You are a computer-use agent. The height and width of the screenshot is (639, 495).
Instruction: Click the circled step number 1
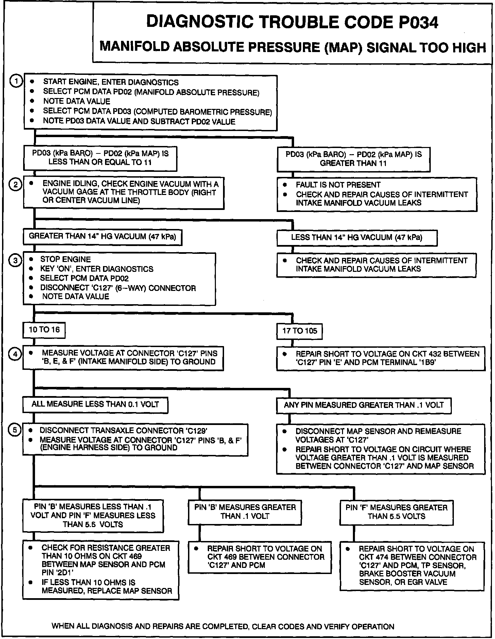16,81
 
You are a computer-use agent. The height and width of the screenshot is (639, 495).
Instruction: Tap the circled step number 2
16,185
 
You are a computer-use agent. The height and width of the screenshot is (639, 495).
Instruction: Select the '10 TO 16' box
44,330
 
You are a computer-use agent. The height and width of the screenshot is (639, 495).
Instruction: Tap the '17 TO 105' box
300,331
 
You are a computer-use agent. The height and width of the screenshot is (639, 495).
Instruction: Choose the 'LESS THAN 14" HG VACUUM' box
357,237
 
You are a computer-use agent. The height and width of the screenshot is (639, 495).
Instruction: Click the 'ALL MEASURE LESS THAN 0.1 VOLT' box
95,404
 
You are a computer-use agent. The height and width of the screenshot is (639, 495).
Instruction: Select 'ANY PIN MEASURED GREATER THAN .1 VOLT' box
363,405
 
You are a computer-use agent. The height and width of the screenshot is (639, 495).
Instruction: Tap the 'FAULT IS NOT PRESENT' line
338,185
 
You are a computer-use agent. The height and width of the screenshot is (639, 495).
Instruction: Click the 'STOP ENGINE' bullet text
66,260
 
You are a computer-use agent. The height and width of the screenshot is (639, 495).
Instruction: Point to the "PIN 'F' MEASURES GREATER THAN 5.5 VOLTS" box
396,512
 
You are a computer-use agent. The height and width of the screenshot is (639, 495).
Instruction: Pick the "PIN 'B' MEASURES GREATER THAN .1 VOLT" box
245,511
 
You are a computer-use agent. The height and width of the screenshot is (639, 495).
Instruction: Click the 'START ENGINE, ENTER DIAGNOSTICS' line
111,82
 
